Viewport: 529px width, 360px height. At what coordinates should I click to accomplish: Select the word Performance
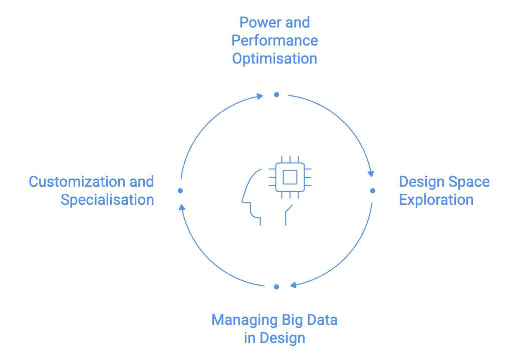(274, 41)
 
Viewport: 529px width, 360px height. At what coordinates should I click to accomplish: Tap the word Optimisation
(274, 58)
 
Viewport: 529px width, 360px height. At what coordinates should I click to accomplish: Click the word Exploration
(435, 201)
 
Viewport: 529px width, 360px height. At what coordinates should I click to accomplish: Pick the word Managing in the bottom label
(237, 320)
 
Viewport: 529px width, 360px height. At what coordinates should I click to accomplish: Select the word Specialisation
(108, 200)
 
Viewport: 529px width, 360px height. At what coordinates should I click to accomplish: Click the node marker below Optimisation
(276, 94)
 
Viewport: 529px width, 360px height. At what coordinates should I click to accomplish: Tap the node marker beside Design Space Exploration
(373, 190)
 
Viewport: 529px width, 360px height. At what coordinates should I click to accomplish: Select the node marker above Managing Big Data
(276, 287)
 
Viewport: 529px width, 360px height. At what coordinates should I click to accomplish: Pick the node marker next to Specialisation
(180, 190)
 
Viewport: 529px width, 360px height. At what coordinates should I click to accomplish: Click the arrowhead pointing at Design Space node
(371, 173)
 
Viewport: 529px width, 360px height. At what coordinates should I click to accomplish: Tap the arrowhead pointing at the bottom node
(294, 285)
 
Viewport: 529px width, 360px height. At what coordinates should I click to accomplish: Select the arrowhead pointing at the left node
(183, 207)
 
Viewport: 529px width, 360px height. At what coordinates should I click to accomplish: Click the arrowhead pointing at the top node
(259, 95)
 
